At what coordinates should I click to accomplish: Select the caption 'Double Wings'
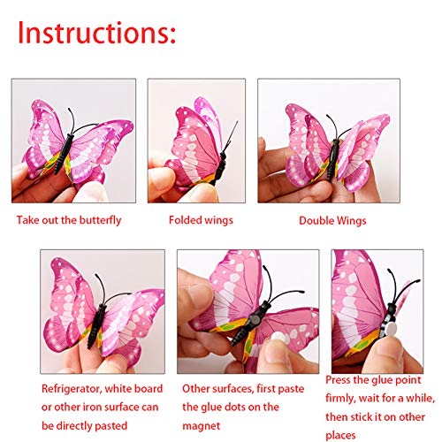pos(331,221)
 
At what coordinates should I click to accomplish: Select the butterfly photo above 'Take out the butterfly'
pos(73,141)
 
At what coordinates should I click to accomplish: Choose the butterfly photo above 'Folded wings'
pos(195,141)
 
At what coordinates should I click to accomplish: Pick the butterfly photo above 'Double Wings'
pos(328,141)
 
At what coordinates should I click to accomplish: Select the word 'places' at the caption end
pos(346,430)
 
